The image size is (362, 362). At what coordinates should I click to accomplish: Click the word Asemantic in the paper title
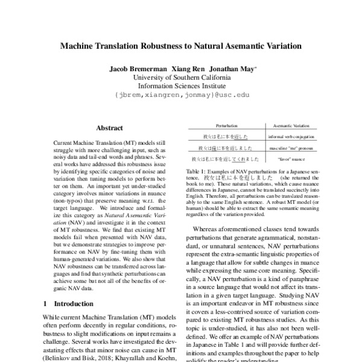247,45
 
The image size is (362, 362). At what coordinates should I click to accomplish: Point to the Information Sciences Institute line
182,86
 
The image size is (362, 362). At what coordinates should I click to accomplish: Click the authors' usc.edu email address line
182,95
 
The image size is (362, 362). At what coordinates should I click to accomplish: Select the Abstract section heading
109,128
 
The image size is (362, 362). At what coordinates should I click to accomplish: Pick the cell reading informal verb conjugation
287,136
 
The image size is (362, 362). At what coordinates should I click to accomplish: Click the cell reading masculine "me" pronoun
287,147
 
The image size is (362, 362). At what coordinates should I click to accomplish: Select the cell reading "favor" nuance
287,159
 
